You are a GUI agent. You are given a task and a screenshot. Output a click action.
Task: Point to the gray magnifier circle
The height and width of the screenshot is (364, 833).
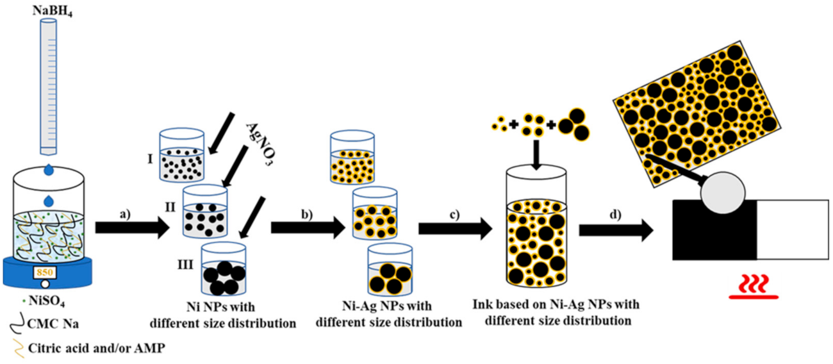coord(723,193)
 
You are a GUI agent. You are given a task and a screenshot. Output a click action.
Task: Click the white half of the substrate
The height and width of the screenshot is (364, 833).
coord(793,229)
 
